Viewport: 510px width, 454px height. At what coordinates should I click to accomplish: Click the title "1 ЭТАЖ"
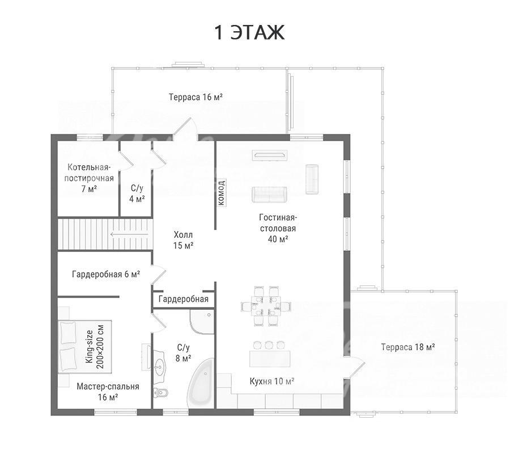click(x=249, y=32)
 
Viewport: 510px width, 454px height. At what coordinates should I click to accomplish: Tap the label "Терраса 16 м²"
click(x=196, y=97)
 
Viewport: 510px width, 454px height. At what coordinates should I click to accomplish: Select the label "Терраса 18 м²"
click(x=408, y=347)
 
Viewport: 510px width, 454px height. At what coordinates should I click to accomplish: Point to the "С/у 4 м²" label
click(x=137, y=194)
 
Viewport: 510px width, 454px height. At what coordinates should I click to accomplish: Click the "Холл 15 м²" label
click(x=183, y=240)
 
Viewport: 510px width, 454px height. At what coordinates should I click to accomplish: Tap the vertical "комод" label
click(x=222, y=193)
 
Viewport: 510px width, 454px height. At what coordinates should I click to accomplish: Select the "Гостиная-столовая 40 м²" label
click(x=278, y=228)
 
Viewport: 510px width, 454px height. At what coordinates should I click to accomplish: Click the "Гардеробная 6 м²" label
click(x=106, y=274)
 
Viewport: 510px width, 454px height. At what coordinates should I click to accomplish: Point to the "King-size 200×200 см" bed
click(x=85, y=347)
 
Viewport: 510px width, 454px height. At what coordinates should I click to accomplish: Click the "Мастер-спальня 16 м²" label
click(x=108, y=392)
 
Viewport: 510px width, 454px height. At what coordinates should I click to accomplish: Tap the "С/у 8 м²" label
click(x=183, y=353)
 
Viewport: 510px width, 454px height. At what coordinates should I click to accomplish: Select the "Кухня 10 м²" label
click(x=272, y=381)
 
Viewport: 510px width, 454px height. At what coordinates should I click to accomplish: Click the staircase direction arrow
click(x=129, y=234)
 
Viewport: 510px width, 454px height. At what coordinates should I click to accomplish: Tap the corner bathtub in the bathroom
click(x=202, y=383)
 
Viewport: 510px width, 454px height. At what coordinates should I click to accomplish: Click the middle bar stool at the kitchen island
click(x=269, y=345)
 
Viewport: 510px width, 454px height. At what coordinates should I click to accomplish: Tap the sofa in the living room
click(x=269, y=195)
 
